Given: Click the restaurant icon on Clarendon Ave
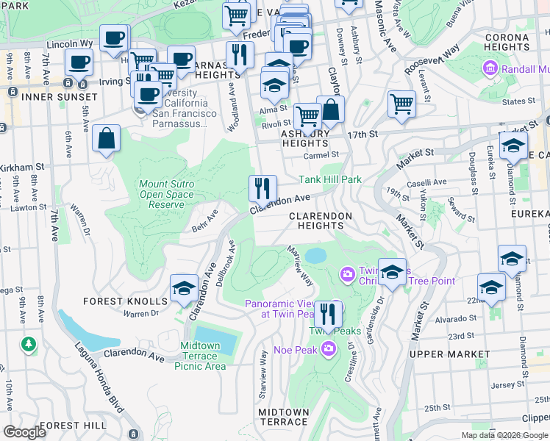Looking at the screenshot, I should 262,188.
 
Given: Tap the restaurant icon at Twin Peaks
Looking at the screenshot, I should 328,314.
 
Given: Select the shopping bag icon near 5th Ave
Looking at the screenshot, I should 107,138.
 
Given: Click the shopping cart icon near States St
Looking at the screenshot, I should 401,104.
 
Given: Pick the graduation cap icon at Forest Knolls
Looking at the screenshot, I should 184,287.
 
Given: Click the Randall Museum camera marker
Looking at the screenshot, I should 490,69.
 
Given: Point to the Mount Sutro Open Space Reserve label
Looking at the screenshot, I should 167,195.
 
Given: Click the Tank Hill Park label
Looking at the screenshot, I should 329,179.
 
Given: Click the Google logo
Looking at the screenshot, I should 25,431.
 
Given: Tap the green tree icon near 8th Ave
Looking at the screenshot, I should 29,343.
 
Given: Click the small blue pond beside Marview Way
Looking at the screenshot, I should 315,256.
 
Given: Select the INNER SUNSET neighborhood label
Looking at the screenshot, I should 59,97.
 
